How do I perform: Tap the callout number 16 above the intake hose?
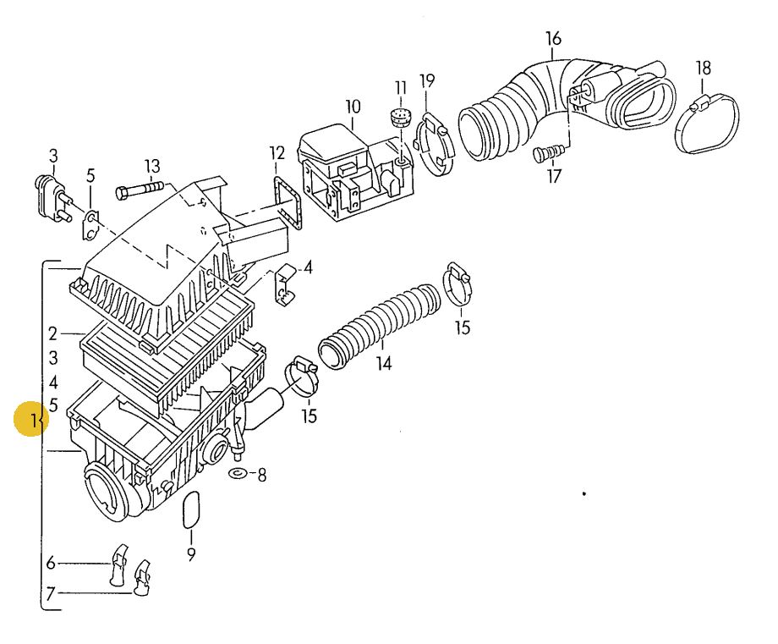click(553, 38)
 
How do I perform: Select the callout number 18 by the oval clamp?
click(704, 68)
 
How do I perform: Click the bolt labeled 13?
click(140, 190)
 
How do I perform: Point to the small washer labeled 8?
click(238, 473)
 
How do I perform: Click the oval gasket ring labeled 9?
click(191, 510)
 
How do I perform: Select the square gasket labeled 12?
click(288, 205)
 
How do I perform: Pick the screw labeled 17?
click(550, 152)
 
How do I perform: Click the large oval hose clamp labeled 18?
click(708, 124)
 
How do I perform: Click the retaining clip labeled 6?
click(118, 565)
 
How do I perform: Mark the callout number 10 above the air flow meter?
click(353, 107)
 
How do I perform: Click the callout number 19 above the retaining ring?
click(427, 80)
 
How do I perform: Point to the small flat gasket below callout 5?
click(90, 225)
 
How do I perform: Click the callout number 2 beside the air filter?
click(53, 334)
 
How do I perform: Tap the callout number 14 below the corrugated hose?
click(384, 363)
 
